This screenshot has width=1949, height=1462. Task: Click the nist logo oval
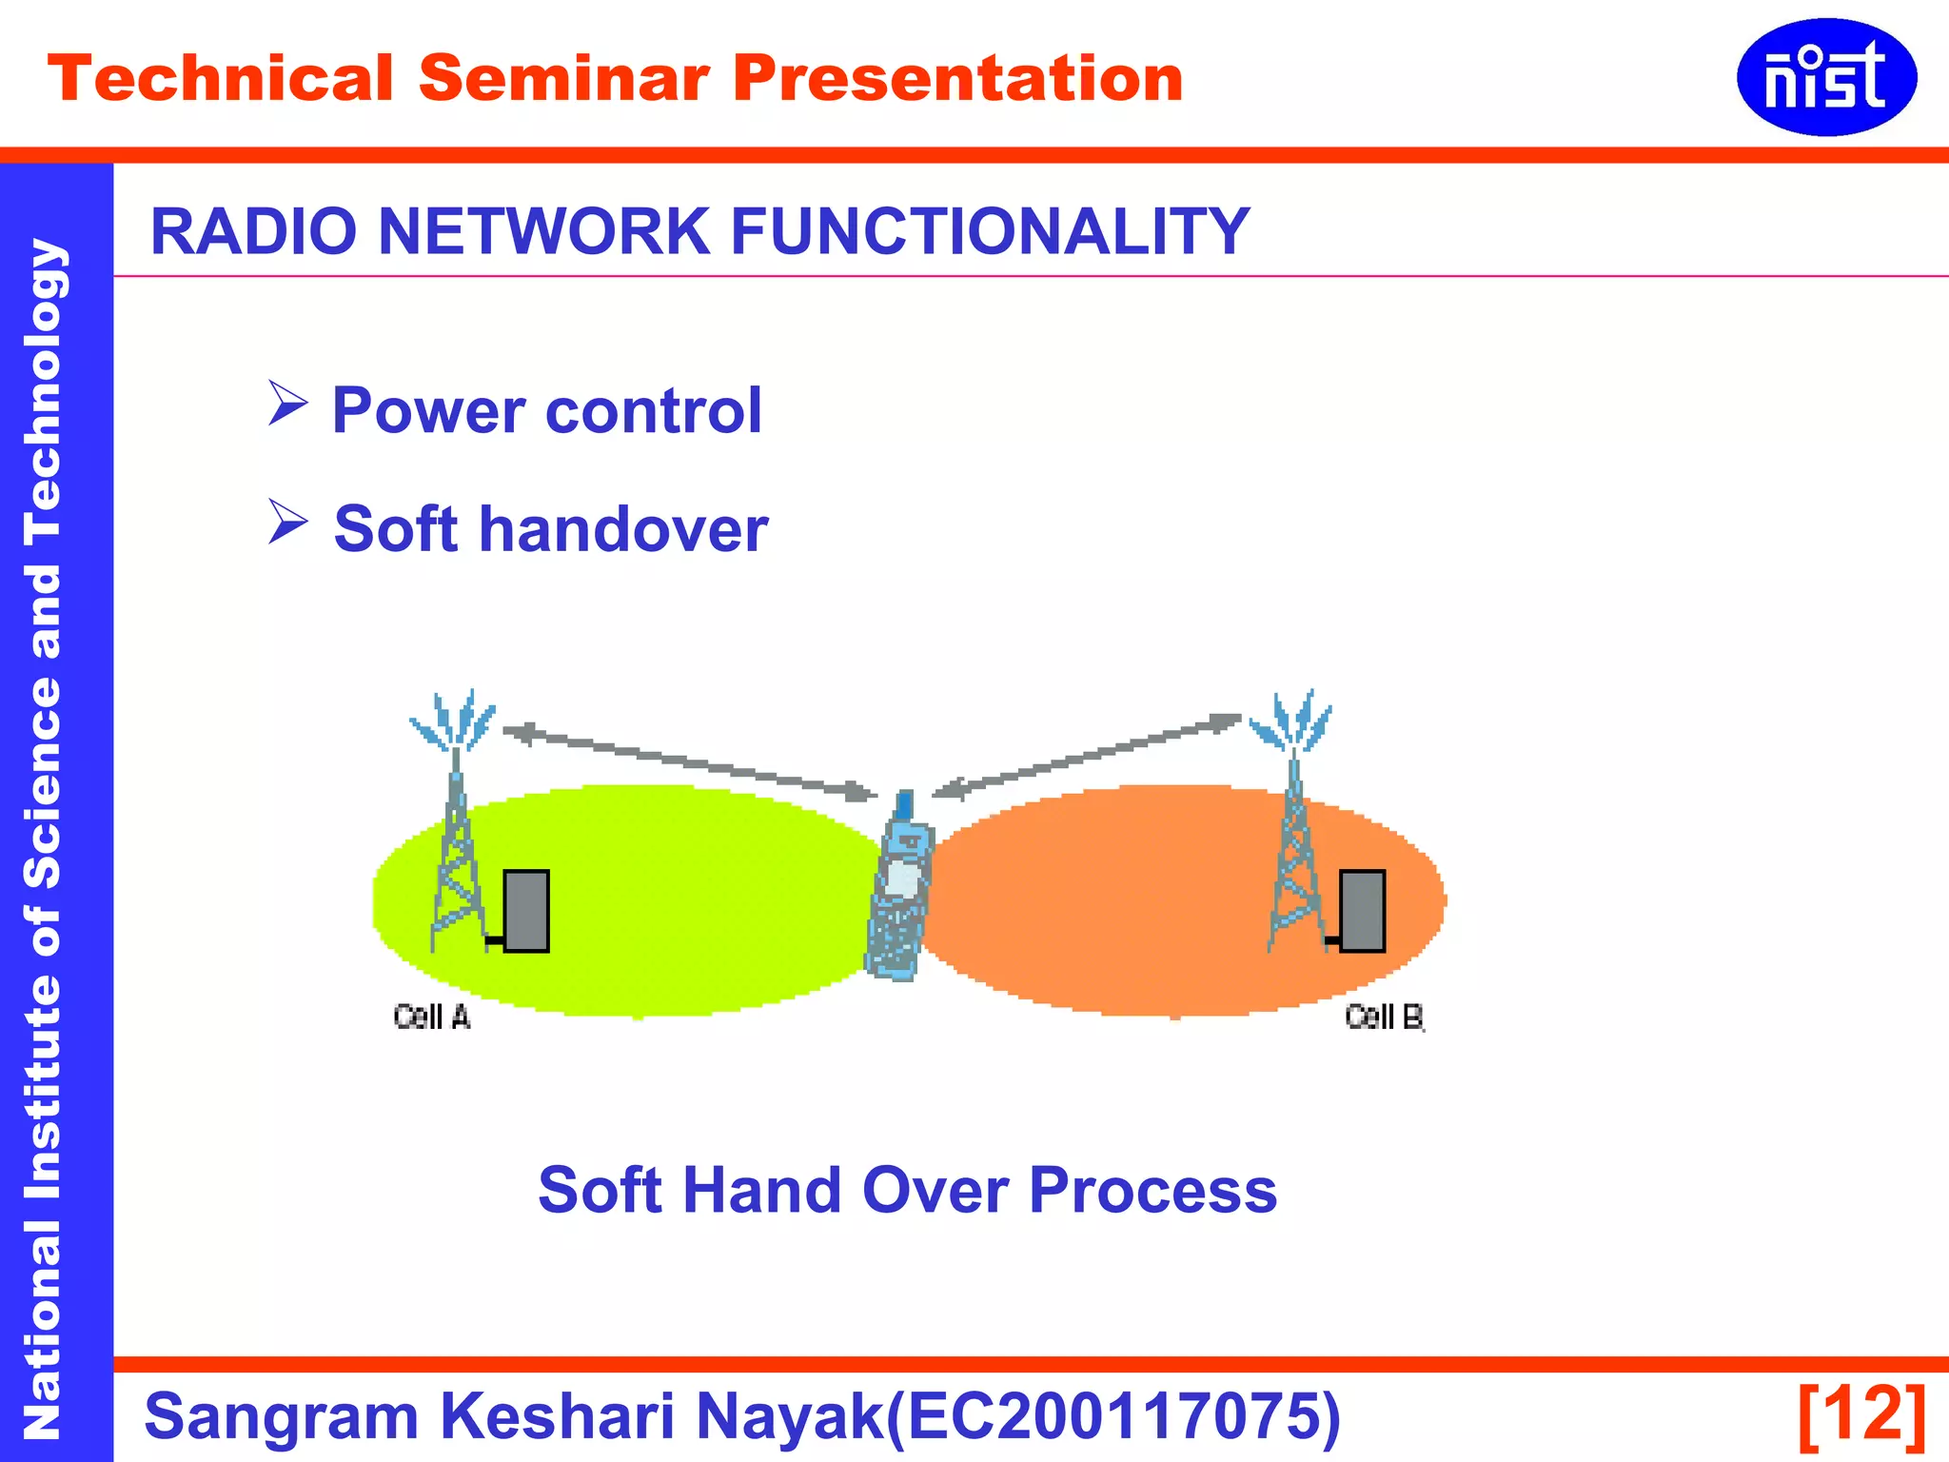[x=1825, y=77]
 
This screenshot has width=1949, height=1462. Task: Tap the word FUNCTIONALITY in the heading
[x=989, y=231]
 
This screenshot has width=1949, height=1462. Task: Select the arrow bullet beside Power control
[x=287, y=404]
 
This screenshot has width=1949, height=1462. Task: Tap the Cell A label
[x=432, y=1017]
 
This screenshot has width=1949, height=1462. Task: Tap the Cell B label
[x=1384, y=1017]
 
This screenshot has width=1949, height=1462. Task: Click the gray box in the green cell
[x=526, y=911]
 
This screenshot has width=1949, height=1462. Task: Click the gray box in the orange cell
[x=1362, y=911]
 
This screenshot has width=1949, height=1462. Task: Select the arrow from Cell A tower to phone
[x=689, y=761]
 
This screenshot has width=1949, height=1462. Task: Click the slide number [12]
[x=1861, y=1414]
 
